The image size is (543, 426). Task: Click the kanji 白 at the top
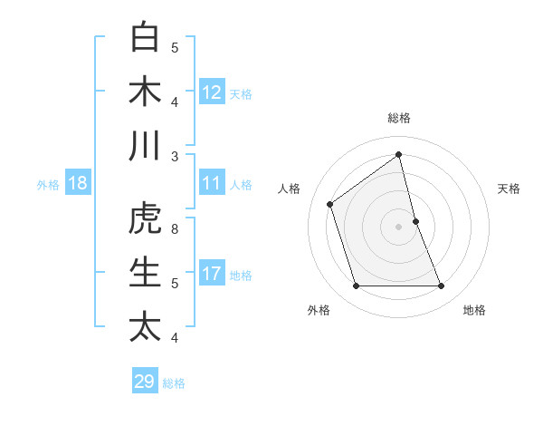coord(145,37)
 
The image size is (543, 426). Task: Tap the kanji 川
coord(145,146)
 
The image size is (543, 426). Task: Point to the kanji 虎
coord(145,218)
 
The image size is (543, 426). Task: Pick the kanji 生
coord(145,273)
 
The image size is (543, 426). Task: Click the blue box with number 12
coord(212,92)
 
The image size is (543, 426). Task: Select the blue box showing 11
coord(212,184)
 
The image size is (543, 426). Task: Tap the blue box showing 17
coord(212,274)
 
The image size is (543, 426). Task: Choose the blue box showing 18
coord(78,184)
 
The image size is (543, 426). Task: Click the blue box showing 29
coord(145,382)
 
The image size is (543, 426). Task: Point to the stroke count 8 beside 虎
coord(175,228)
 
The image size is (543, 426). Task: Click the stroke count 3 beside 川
coord(175,156)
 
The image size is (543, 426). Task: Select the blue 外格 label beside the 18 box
coord(48,185)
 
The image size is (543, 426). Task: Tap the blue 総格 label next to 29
coord(174,382)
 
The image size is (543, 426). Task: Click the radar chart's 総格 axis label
coord(398,118)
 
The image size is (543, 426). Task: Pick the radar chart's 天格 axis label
coord(509,189)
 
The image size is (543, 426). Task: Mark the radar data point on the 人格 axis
coord(330,204)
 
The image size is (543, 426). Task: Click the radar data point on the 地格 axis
coord(442,286)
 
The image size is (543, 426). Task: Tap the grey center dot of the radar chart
coord(398,226)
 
